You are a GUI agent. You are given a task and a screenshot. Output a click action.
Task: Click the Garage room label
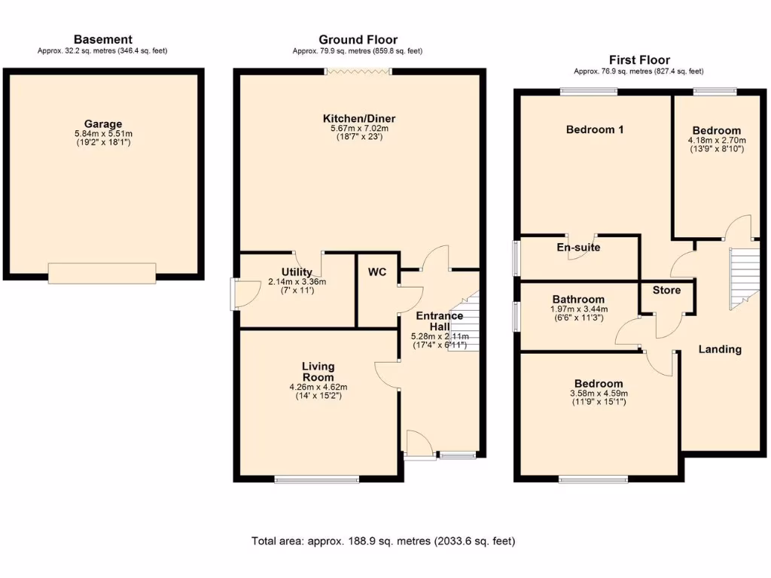(103, 124)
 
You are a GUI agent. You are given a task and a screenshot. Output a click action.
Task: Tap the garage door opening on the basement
(102, 272)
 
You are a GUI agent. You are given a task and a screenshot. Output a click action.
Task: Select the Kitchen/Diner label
(359, 118)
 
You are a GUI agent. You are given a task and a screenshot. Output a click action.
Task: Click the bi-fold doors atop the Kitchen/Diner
(358, 71)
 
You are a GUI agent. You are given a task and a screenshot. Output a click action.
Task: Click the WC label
(377, 272)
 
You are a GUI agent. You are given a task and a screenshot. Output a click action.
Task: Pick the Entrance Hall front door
(419, 454)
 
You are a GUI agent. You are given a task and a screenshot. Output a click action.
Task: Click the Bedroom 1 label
(595, 129)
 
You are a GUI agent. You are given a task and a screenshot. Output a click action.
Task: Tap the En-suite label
(578, 247)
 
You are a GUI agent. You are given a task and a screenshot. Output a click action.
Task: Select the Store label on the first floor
(666, 290)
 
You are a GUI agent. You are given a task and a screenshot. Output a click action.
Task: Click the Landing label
(720, 349)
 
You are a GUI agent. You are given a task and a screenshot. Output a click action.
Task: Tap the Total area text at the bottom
(383, 540)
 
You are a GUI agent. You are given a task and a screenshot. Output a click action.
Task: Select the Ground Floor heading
(358, 40)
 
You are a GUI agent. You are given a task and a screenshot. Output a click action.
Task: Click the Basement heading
(102, 40)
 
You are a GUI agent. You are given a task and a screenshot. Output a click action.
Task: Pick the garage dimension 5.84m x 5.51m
(103, 134)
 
